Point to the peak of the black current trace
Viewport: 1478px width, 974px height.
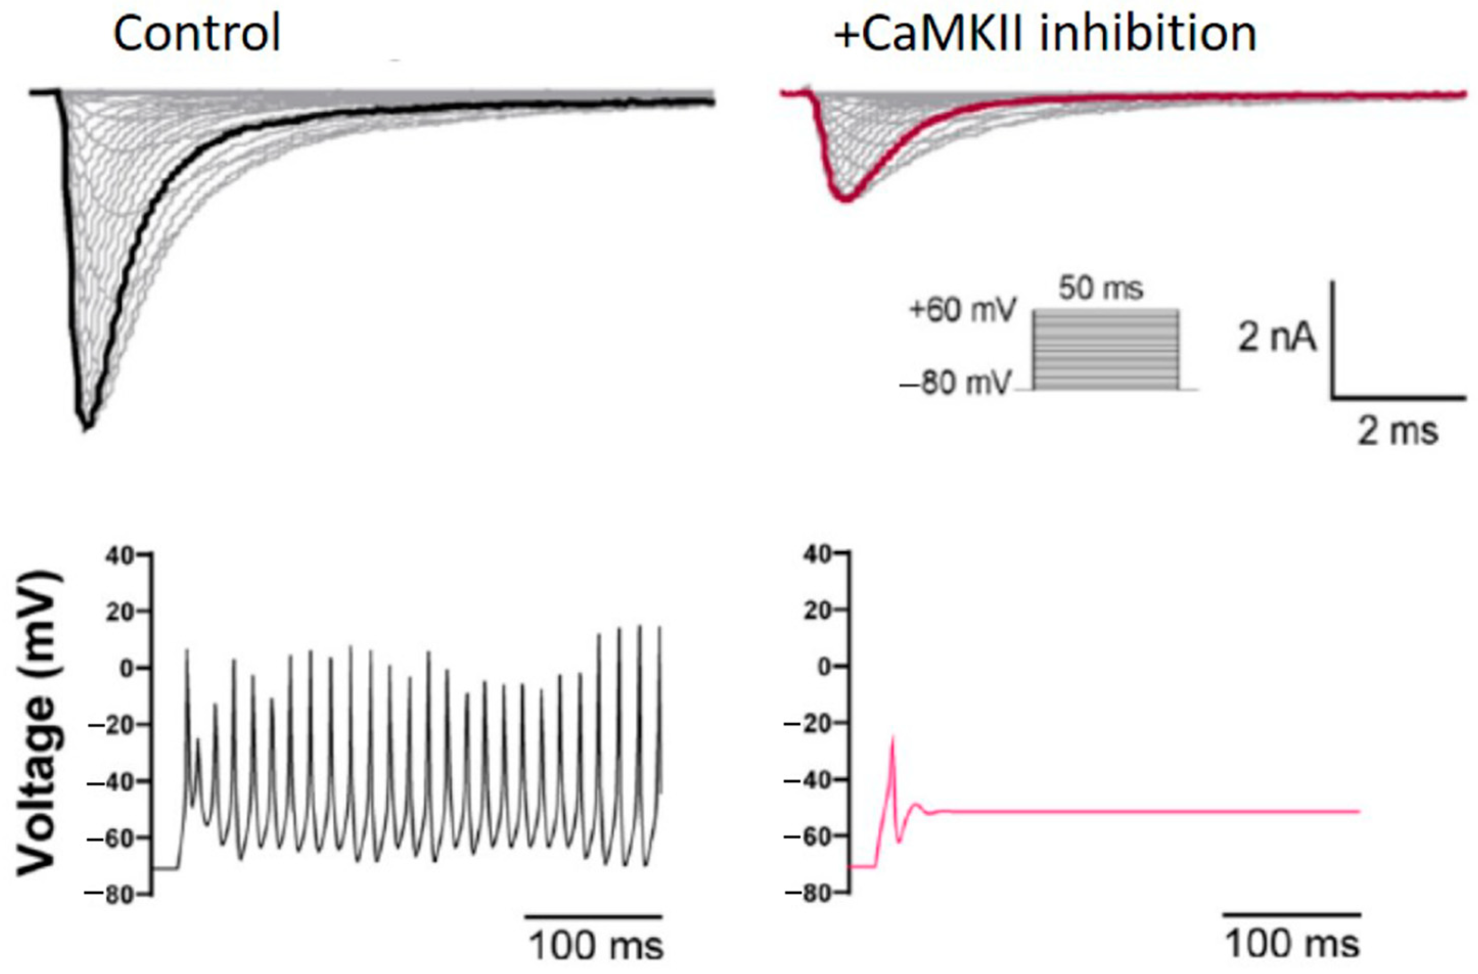87,426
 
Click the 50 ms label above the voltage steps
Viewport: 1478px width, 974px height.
1101,289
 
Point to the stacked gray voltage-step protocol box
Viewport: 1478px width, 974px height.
1105,350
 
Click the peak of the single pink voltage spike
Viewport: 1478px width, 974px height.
893,737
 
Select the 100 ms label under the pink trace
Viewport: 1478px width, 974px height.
1293,945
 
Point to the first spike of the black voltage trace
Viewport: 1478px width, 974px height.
187,651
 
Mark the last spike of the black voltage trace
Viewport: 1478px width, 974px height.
659,629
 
